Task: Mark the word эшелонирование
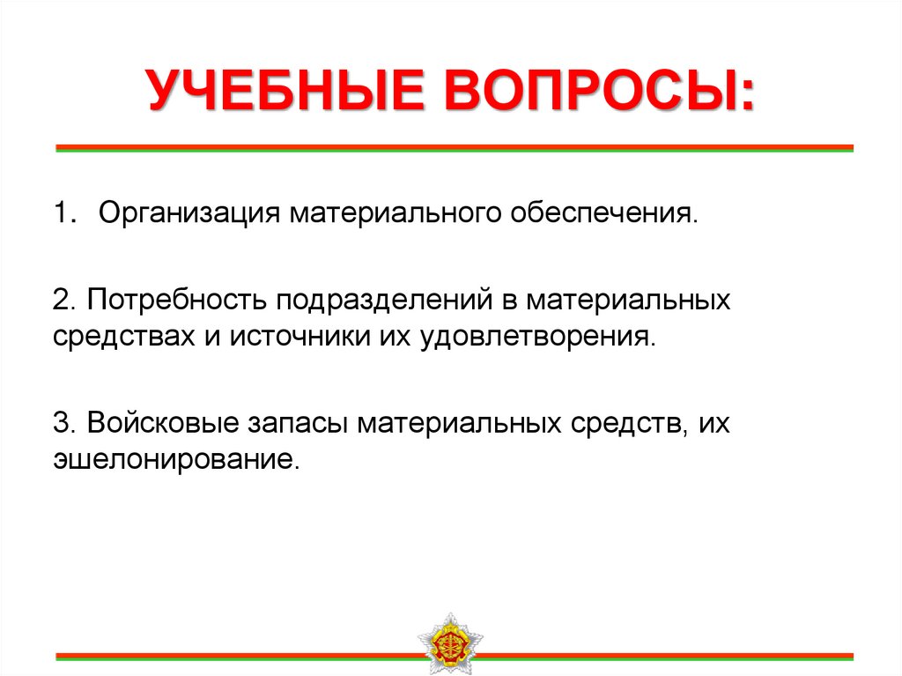tap(173, 460)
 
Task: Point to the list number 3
tap(60, 424)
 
